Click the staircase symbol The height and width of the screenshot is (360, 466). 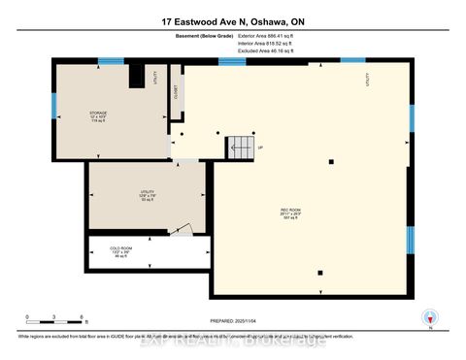[x=240, y=148]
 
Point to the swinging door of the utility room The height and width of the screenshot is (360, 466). [x=181, y=230]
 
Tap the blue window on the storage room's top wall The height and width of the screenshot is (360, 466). [x=112, y=61]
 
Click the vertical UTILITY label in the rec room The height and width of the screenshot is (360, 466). [x=367, y=82]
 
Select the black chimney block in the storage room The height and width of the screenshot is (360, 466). [x=137, y=76]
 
